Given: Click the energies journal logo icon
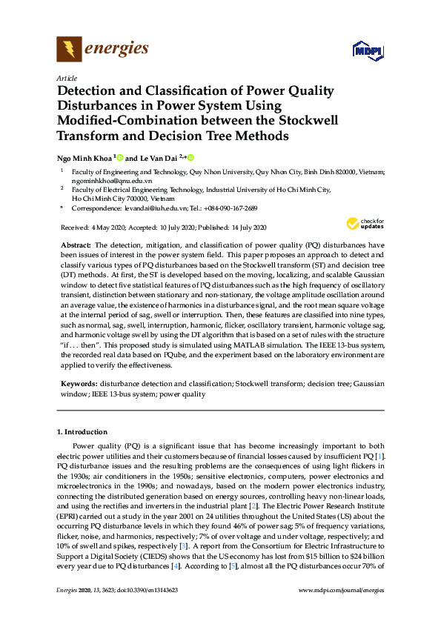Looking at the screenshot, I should (x=69, y=49).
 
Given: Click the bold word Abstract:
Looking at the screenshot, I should (x=76, y=245).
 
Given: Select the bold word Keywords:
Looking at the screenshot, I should (x=79, y=385).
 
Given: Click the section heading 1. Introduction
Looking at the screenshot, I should (x=82, y=431).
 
